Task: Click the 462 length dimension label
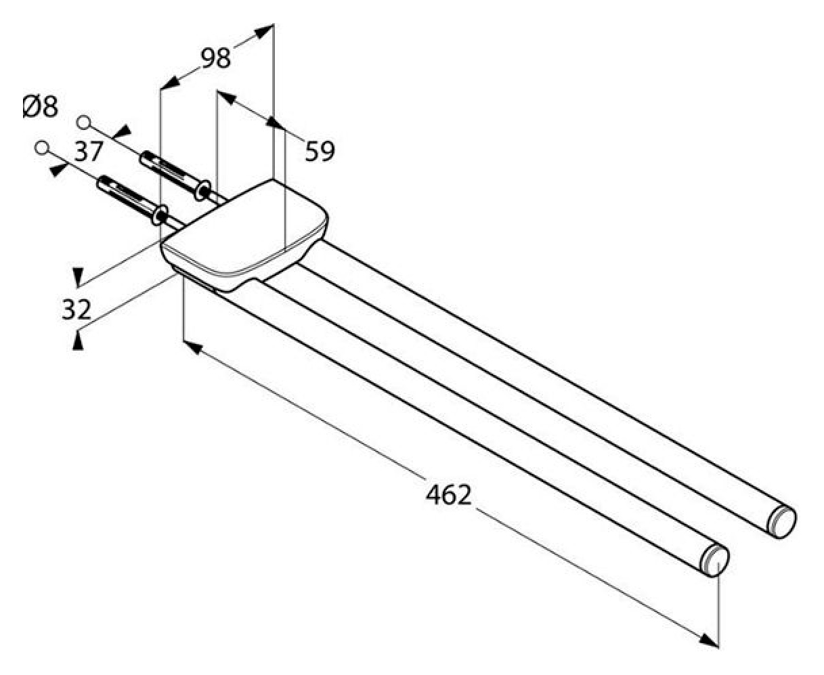448,495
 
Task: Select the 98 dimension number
216,58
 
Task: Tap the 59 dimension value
320,151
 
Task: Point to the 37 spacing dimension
89,151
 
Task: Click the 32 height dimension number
77,309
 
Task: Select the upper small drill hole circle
84,123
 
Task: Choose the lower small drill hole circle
42,147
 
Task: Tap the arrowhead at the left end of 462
192,347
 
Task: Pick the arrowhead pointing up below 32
78,341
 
